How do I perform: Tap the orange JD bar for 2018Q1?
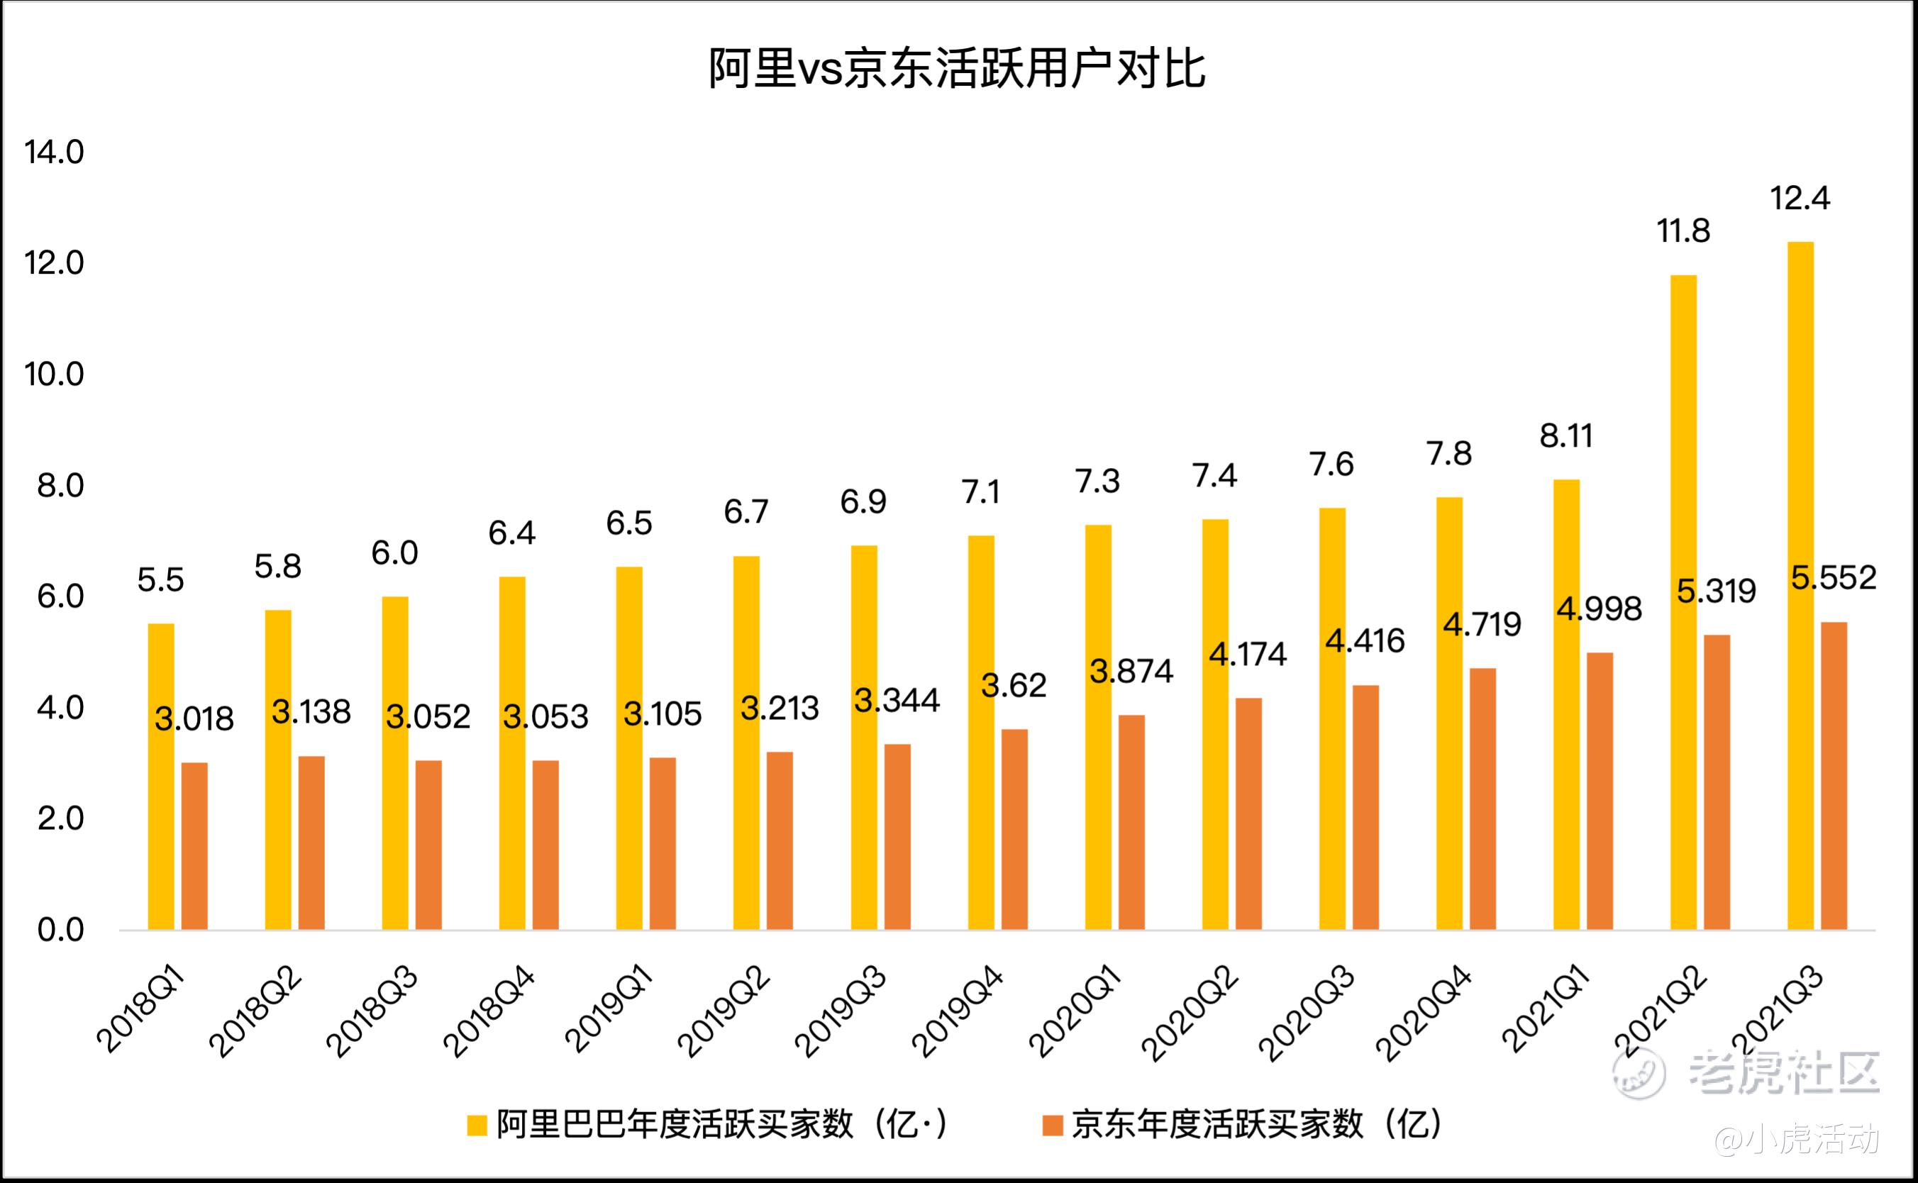point(195,846)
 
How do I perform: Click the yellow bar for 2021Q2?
point(1683,602)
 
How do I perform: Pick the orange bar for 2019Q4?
point(1014,829)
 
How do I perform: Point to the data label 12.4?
point(1800,199)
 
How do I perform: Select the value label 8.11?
point(1566,435)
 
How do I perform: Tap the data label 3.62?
point(1014,685)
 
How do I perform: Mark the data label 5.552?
point(1834,578)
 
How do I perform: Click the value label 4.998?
point(1599,609)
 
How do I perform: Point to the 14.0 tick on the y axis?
point(54,152)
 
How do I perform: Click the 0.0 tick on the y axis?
point(61,931)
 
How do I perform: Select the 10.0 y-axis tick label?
point(54,374)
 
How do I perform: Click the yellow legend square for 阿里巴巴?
point(477,1125)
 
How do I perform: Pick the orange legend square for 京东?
point(1053,1125)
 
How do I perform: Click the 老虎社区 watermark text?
point(1783,1072)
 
